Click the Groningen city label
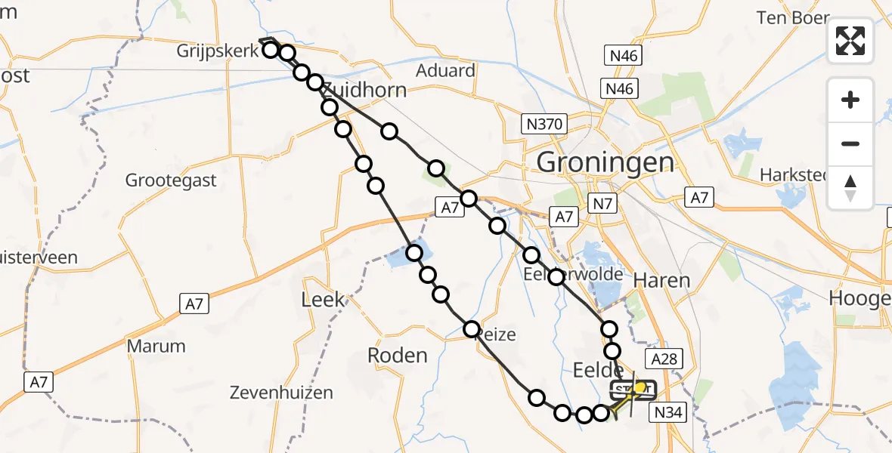(605, 162)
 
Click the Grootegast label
(171, 180)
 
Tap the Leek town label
(322, 300)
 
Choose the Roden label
(397, 355)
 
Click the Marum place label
(156, 347)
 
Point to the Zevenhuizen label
(282, 393)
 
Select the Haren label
(661, 280)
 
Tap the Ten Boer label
(793, 17)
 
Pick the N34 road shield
(667, 412)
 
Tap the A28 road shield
(662, 359)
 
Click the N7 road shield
(602, 203)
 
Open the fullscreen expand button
(850, 41)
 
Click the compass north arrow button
(850, 187)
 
